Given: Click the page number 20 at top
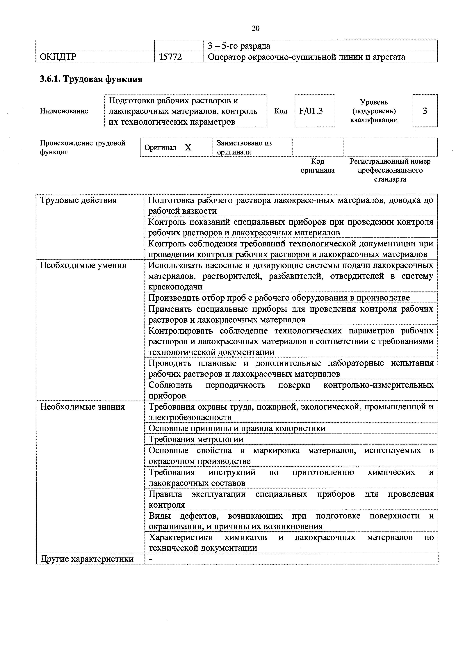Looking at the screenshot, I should tap(256, 28).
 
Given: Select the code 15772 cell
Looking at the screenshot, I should tap(170, 57).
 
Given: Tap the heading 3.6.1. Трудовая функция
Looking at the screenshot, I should tap(91, 79).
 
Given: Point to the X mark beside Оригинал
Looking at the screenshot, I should tap(188, 148).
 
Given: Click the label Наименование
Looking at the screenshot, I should tap(64, 111).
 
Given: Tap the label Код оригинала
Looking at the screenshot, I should tap(318, 166).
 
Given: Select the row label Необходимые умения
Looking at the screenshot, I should tap(83, 265).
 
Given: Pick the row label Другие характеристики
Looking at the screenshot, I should tap(87, 559).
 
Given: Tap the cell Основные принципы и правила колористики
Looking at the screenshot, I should tap(237, 428).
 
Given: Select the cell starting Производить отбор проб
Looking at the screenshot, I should tap(279, 298).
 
